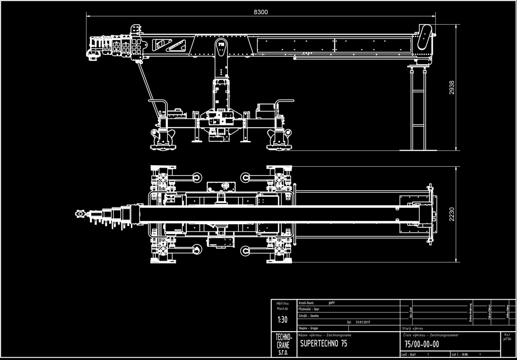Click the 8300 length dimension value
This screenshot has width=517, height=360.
tap(261, 12)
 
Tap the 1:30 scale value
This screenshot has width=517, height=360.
tap(282, 320)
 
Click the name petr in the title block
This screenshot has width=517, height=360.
tap(333, 303)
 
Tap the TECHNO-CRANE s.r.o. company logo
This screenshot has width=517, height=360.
tap(283, 344)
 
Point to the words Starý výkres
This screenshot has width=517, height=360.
tap(413, 328)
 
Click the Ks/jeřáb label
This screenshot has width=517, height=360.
tap(508, 337)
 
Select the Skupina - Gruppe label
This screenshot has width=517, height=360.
tap(308, 328)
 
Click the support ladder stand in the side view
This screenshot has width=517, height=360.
tap(418, 108)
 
